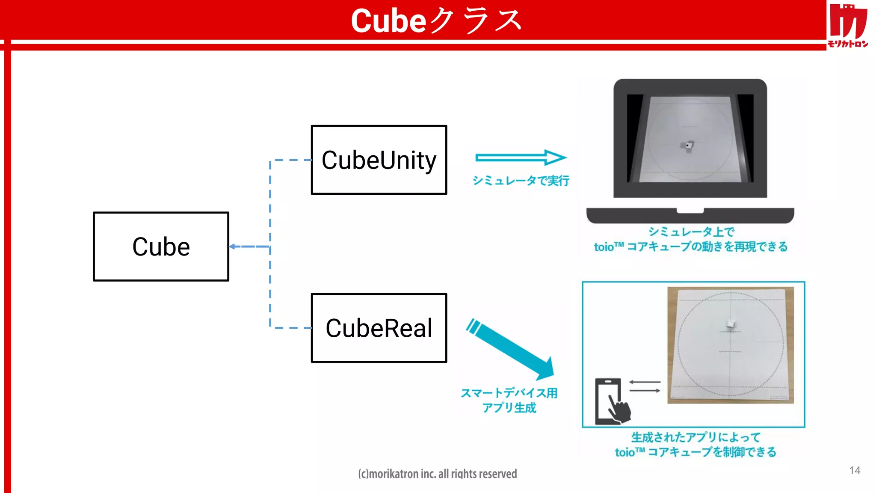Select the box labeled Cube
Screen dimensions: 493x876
click(x=161, y=246)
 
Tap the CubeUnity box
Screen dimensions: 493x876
click(x=379, y=160)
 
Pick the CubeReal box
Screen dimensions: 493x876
click(x=379, y=328)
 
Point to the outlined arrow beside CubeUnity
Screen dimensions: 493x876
click(x=521, y=157)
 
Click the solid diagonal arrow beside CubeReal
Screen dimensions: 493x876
click(x=511, y=349)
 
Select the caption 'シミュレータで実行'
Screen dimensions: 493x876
click(x=521, y=181)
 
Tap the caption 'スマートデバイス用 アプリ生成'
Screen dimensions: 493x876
click(x=509, y=400)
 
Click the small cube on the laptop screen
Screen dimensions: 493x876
click(x=687, y=146)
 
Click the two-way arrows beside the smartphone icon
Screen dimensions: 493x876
click(x=645, y=386)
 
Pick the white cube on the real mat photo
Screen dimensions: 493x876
click(x=731, y=324)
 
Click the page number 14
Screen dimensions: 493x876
click(x=855, y=470)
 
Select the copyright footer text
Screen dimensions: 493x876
click(x=437, y=474)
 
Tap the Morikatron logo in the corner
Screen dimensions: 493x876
click(x=848, y=25)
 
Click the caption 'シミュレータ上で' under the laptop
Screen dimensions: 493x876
click(x=691, y=232)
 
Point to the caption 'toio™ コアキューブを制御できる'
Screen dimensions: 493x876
click(x=695, y=452)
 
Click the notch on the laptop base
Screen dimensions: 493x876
click(x=690, y=211)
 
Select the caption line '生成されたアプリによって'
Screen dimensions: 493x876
click(x=695, y=437)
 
